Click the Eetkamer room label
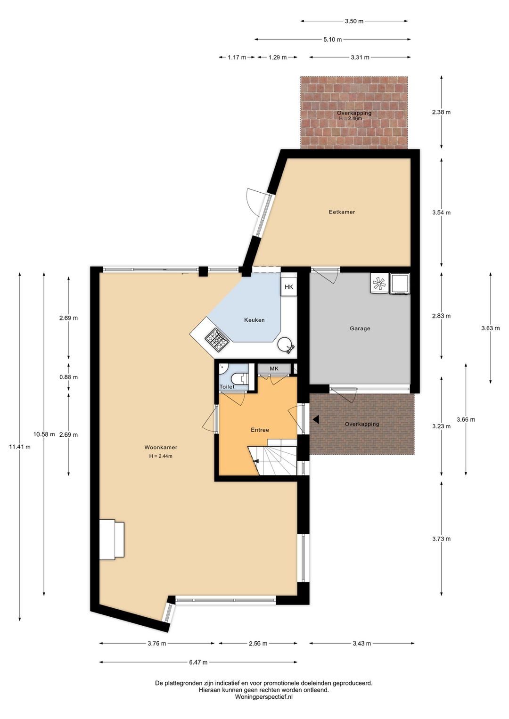coord(342,212)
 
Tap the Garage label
coord(360,328)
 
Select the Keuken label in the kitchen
coord(254,320)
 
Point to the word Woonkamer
coord(161,447)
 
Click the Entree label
coord(260,430)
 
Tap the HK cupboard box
coord(289,287)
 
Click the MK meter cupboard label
coord(274,368)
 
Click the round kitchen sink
coord(285,345)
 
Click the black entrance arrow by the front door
coord(316,419)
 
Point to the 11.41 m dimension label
coord(20,446)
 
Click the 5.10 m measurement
coord(332,40)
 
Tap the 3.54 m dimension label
coord(441,212)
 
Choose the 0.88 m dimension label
coord(68,377)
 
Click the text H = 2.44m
coord(161,456)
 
